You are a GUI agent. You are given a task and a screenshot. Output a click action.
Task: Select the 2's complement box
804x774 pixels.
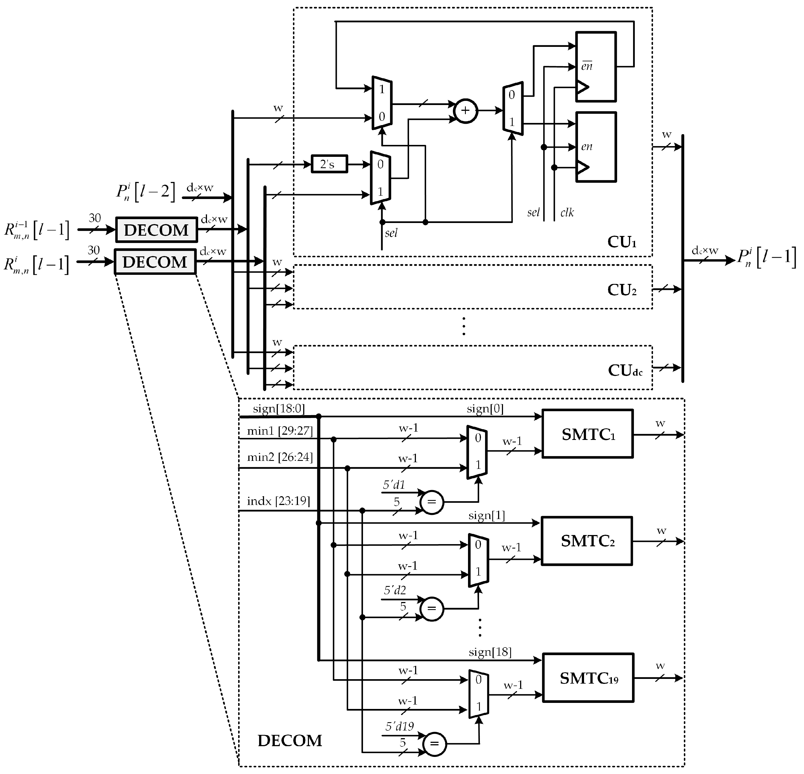[329, 164]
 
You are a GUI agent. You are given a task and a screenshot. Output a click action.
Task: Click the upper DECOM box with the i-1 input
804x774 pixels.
[156, 230]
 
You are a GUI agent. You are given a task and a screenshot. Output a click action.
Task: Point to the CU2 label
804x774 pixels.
[622, 290]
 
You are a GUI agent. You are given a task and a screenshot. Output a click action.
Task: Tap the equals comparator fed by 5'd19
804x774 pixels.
[434, 744]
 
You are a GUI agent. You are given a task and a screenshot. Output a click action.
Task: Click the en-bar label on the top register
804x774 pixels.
[587, 66]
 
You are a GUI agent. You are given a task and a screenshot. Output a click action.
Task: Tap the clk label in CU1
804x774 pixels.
[567, 213]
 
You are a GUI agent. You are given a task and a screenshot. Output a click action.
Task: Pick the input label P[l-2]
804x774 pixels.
[146, 192]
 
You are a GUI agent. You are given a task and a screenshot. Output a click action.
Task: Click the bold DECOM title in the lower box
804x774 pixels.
[290, 740]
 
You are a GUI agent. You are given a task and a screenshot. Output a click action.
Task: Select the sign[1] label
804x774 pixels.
[486, 515]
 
